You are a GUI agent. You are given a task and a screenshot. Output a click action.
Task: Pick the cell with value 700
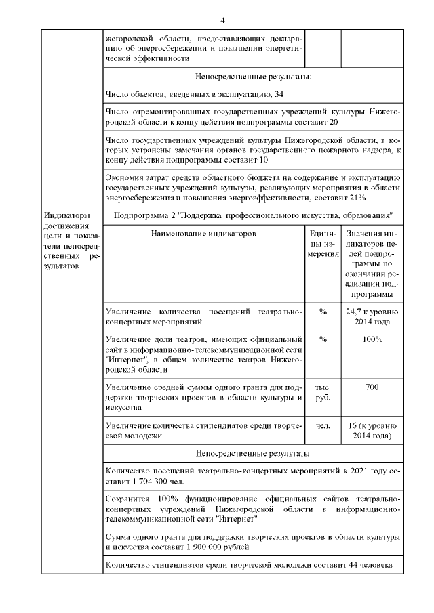[x=371, y=387]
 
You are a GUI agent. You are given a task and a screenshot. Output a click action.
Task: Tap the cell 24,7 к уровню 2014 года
[x=371, y=316]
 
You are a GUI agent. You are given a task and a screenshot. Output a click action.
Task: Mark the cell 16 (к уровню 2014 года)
[x=371, y=431]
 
